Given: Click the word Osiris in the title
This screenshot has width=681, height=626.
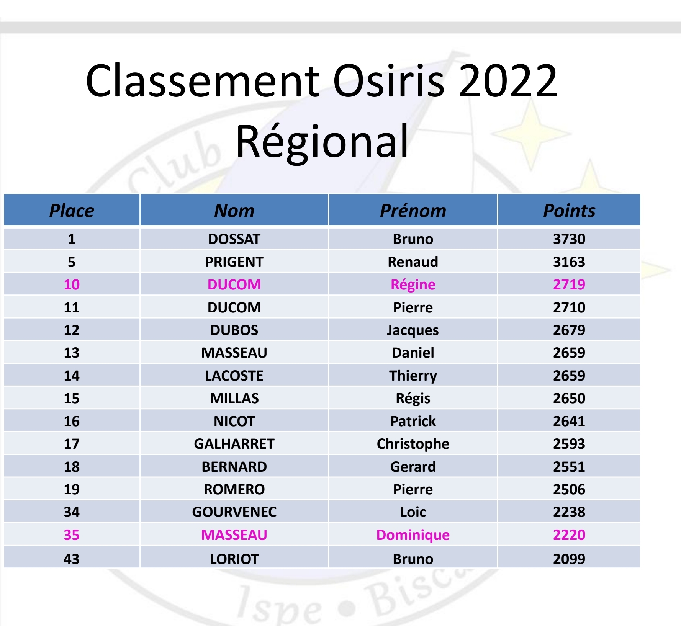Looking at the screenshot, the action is pos(389,80).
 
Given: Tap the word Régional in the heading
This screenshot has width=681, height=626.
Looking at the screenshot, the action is pos(322,142).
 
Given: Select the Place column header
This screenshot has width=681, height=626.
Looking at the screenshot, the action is pos(72,211).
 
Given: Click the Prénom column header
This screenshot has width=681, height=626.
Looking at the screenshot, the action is pos(413,211).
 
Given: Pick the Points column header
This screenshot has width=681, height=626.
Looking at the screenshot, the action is pos(569,211).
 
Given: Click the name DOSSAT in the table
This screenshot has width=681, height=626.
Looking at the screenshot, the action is pos(234,239).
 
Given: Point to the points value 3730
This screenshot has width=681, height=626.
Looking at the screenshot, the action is pos(569,239).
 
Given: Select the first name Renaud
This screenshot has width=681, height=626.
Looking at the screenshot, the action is pos(413,262).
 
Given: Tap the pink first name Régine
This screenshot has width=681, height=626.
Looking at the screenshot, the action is pos(413,285).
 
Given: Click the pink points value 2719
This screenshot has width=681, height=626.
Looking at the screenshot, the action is pos(569,284).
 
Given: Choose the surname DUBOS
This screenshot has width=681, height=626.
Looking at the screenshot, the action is pos(234,330).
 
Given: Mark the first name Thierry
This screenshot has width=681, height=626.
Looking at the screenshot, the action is pos(413,376).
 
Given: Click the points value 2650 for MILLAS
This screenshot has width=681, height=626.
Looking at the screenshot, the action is pos(569,398).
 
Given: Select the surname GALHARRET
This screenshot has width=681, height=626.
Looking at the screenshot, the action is pos(234,444).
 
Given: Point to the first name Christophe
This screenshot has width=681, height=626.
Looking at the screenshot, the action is pos(413,444).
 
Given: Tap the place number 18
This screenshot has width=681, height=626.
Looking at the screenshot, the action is pos(72,467).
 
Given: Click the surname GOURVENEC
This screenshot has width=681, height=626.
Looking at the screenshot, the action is pos(234,512).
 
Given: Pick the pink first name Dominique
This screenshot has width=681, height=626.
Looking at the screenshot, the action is pos(413,535).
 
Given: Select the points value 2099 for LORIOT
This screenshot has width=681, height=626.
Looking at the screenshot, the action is pos(569,559).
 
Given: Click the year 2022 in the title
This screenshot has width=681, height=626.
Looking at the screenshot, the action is pos(508,80).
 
